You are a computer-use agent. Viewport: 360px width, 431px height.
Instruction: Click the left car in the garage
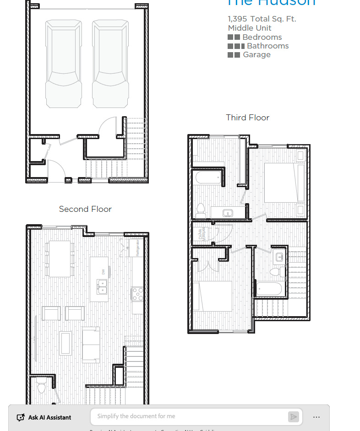[x=64, y=64]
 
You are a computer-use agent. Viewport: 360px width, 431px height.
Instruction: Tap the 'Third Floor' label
[x=247, y=118]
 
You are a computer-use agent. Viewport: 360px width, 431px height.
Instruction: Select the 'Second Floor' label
[x=85, y=209]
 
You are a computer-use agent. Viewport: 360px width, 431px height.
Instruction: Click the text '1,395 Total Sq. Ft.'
[x=262, y=19]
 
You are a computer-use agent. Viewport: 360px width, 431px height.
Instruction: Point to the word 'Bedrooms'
[x=262, y=37]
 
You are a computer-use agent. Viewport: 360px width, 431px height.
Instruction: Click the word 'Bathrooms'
[x=267, y=46]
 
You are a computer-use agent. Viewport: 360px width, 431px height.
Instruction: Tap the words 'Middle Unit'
[x=250, y=28]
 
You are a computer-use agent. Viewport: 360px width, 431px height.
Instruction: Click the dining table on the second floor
[x=60, y=259]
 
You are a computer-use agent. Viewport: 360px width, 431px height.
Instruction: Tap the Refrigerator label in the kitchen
[x=137, y=248]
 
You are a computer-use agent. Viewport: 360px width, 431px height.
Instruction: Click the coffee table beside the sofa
[x=65, y=343]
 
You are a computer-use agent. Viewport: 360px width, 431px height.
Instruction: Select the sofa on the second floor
[x=91, y=344]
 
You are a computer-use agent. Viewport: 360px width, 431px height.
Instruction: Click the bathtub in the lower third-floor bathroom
[x=269, y=289]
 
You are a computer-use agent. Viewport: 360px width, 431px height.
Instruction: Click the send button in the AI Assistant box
[x=293, y=416]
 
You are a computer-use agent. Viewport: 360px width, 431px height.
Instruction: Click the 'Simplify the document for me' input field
[x=188, y=416]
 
